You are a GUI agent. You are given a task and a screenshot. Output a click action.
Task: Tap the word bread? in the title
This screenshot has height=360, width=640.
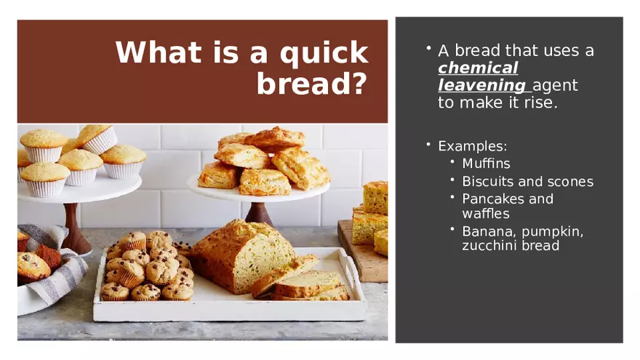point(312,84)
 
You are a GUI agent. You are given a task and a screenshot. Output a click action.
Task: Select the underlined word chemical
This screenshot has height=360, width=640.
point(478,68)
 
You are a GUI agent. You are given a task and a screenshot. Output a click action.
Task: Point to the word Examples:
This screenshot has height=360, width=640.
point(472,146)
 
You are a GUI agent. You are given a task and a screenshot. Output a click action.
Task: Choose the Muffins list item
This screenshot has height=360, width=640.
point(486,163)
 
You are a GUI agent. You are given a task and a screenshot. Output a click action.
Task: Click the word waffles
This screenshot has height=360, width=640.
point(486,214)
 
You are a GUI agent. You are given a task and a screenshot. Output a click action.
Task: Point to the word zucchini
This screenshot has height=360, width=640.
point(484,245)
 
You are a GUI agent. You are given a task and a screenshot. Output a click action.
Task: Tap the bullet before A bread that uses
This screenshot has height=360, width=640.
point(428,49)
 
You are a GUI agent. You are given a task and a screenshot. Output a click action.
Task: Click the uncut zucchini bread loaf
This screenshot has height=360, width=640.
point(241,255)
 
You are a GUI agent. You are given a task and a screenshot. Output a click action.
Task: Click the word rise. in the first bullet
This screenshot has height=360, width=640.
point(541,103)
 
